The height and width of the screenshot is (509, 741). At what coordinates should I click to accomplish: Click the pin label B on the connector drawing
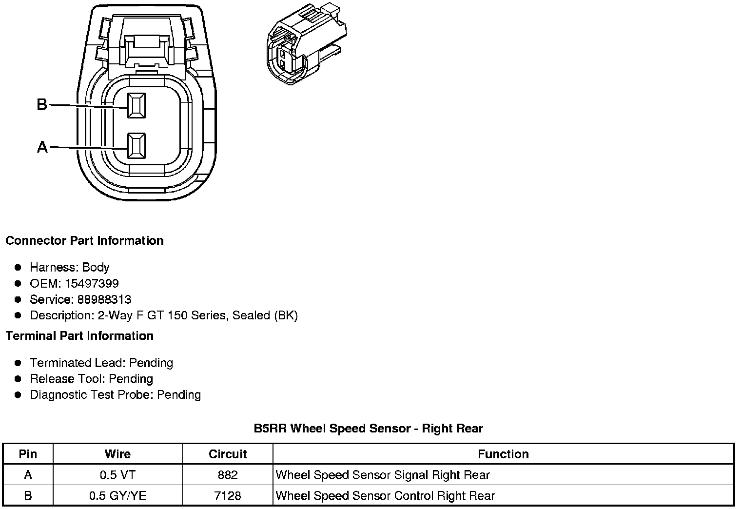[42, 104]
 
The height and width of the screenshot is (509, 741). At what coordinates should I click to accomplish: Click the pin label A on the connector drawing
[42, 147]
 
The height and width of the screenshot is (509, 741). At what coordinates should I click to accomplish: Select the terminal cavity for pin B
[136, 105]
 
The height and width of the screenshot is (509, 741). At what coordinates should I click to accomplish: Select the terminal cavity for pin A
[136, 146]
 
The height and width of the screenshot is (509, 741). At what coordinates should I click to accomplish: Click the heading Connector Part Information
[84, 241]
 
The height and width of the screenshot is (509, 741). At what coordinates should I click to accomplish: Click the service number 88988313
[104, 299]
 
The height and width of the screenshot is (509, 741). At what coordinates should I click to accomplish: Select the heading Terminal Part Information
[79, 336]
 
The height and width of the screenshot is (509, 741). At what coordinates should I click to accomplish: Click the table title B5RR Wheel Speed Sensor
[368, 429]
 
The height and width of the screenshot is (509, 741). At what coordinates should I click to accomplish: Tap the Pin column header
[28, 454]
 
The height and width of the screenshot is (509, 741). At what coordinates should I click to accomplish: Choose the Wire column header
[117, 454]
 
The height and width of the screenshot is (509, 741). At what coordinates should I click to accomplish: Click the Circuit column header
[228, 454]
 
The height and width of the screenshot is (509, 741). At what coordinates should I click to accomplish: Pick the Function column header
[503, 454]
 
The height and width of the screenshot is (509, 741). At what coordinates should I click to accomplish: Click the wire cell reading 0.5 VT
[117, 475]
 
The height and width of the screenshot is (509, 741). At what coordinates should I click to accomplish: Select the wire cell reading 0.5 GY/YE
[117, 496]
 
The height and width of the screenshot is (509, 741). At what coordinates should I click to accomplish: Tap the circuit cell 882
[228, 475]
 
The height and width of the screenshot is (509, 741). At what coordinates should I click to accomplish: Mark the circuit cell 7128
[228, 496]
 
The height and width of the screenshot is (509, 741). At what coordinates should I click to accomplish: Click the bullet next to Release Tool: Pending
[18, 379]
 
